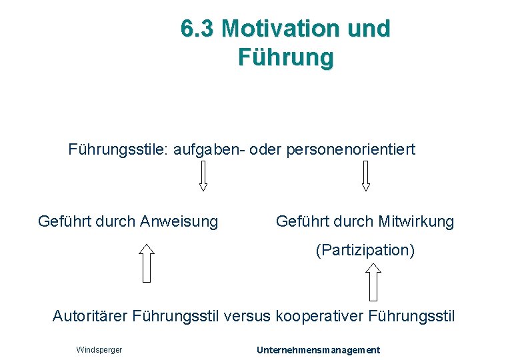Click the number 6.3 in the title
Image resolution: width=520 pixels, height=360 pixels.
click(197, 29)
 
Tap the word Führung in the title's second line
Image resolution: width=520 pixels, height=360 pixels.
click(285, 57)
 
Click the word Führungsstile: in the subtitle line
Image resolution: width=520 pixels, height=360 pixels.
click(119, 149)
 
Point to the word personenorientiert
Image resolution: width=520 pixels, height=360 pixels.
click(351, 149)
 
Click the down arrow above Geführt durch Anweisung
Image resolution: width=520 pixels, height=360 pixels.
click(203, 177)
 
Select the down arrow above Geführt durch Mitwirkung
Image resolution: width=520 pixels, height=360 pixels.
click(365, 177)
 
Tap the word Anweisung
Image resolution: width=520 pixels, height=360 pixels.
click(179, 221)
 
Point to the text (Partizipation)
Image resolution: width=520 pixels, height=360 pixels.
click(365, 251)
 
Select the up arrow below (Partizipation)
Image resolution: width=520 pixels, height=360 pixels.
click(374, 281)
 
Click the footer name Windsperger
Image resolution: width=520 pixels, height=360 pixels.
click(99, 350)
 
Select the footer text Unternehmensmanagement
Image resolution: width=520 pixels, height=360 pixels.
click(318, 350)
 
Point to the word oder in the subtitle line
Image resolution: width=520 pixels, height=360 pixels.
click(267, 149)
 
